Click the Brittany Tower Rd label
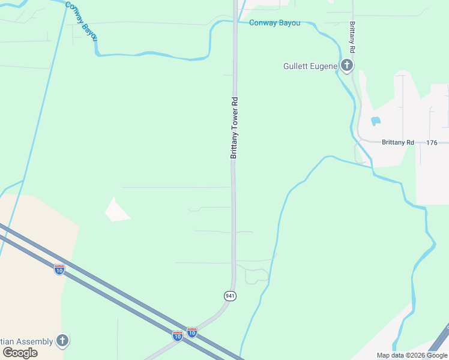tap(234, 127)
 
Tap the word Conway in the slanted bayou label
tap(74, 12)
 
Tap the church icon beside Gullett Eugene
tap(346, 65)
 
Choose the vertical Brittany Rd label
tap(352, 37)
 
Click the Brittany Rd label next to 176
tap(398, 143)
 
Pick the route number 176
tap(432, 143)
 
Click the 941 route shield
tap(230, 296)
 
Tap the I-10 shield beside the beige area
tap(59, 270)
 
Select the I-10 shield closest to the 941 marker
tap(191, 332)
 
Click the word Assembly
tap(34, 341)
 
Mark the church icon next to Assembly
tap(62, 341)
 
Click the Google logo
tap(20, 353)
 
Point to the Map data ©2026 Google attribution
tap(412, 355)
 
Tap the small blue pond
tap(376, 121)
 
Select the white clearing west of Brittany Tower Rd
tap(117, 209)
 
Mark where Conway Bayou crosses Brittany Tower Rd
tap(235, 23)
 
